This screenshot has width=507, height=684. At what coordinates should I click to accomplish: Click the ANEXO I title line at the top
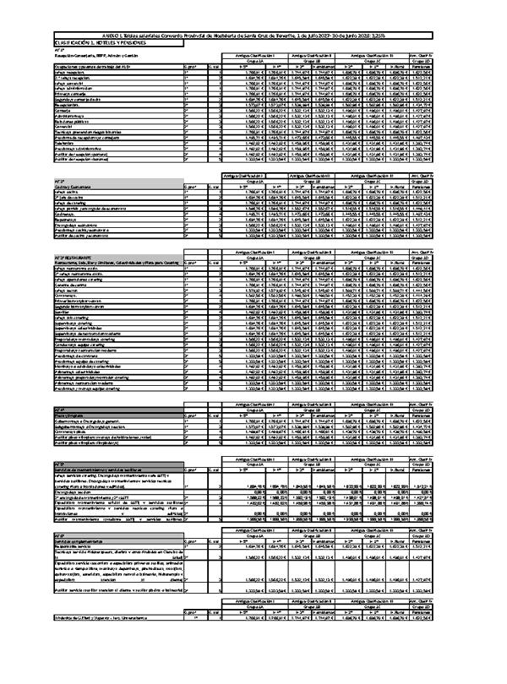(253, 34)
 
